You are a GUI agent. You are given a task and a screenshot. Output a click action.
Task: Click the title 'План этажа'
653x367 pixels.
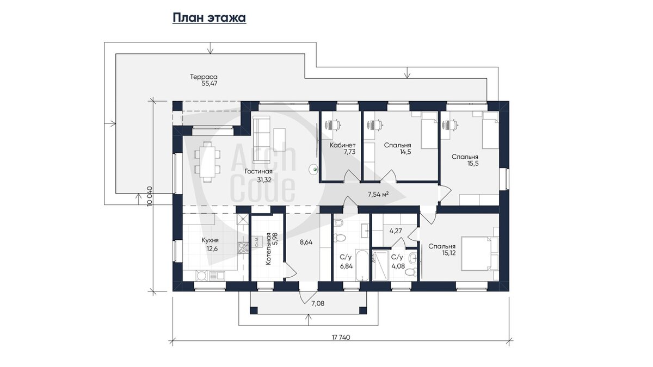pyautogui.click(x=210, y=17)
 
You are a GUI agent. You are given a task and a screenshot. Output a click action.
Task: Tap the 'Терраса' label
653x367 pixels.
pyautogui.click(x=204, y=77)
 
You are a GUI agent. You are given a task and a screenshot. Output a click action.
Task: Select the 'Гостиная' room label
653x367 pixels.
pyautogui.click(x=258, y=171)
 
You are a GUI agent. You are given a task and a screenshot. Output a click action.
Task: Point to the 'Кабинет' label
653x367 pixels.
pyautogui.click(x=342, y=145)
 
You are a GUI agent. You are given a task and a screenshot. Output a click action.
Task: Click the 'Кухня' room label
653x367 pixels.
pyautogui.click(x=210, y=240)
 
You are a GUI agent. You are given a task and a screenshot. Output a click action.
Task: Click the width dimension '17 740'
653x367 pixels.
pyautogui.click(x=341, y=337)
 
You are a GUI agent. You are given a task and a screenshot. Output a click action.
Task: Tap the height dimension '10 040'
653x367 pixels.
pyautogui.click(x=150, y=196)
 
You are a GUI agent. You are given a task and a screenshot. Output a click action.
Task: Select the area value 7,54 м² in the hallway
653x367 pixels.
pyautogui.click(x=378, y=195)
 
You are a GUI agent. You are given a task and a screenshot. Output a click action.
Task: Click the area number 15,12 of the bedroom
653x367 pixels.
pyautogui.click(x=448, y=253)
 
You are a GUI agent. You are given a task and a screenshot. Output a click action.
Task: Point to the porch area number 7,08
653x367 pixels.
pyautogui.click(x=318, y=303)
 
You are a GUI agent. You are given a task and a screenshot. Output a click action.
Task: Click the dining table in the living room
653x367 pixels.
pyautogui.click(x=207, y=161)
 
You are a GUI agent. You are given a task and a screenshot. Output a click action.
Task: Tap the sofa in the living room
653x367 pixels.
pyautogui.click(x=261, y=139)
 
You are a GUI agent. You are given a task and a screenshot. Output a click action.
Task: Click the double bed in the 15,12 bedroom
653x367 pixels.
pyautogui.click(x=479, y=253)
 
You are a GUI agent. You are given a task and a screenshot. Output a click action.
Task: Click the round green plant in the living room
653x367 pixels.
pyautogui.click(x=314, y=169)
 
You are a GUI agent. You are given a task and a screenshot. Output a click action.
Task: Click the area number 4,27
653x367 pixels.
pyautogui.click(x=396, y=231)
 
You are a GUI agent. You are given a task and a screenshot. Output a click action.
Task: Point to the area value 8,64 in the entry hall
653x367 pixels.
pyautogui.click(x=306, y=242)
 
